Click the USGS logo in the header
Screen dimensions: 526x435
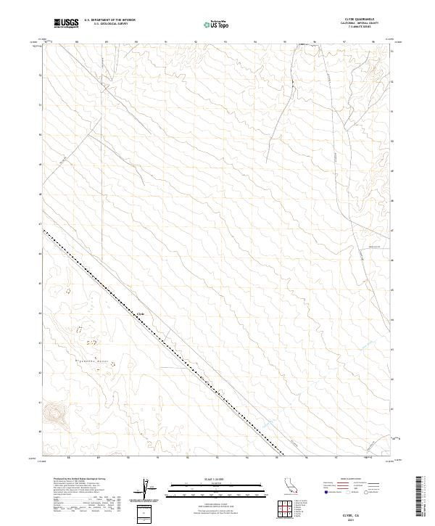[66, 24]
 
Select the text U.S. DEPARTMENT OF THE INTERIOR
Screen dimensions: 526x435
[109, 20]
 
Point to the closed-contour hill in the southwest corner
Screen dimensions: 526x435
[53, 414]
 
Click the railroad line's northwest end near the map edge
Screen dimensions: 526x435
[44, 231]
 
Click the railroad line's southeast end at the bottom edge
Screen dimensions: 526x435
[282, 455]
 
